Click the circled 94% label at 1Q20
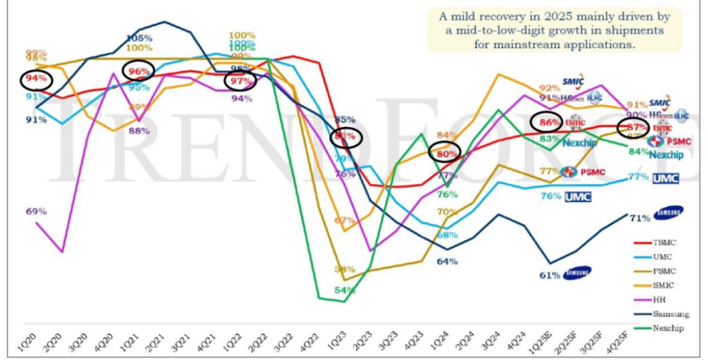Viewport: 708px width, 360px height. click(x=36, y=80)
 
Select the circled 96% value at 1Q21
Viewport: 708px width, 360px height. click(x=138, y=72)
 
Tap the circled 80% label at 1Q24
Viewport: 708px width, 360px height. click(x=445, y=153)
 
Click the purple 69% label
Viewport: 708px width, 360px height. click(x=36, y=211)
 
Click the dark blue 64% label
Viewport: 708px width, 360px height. click(x=447, y=261)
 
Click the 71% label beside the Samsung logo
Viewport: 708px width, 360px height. click(x=640, y=218)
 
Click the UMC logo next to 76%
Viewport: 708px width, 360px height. click(x=578, y=197)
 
